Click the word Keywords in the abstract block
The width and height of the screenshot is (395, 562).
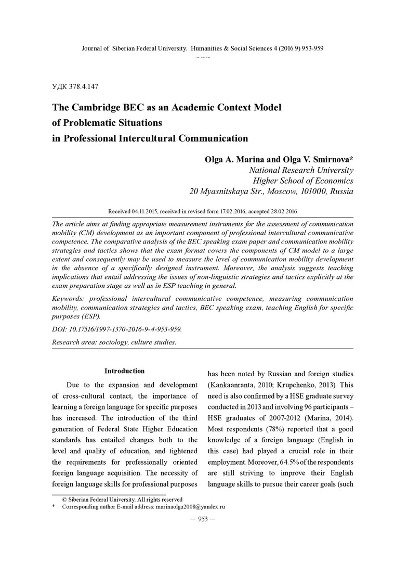pyautogui.click(x=69, y=299)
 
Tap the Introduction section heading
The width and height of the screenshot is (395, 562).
pyautogui.click(x=124, y=371)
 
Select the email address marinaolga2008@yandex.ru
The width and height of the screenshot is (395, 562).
pyautogui.click(x=190, y=506)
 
